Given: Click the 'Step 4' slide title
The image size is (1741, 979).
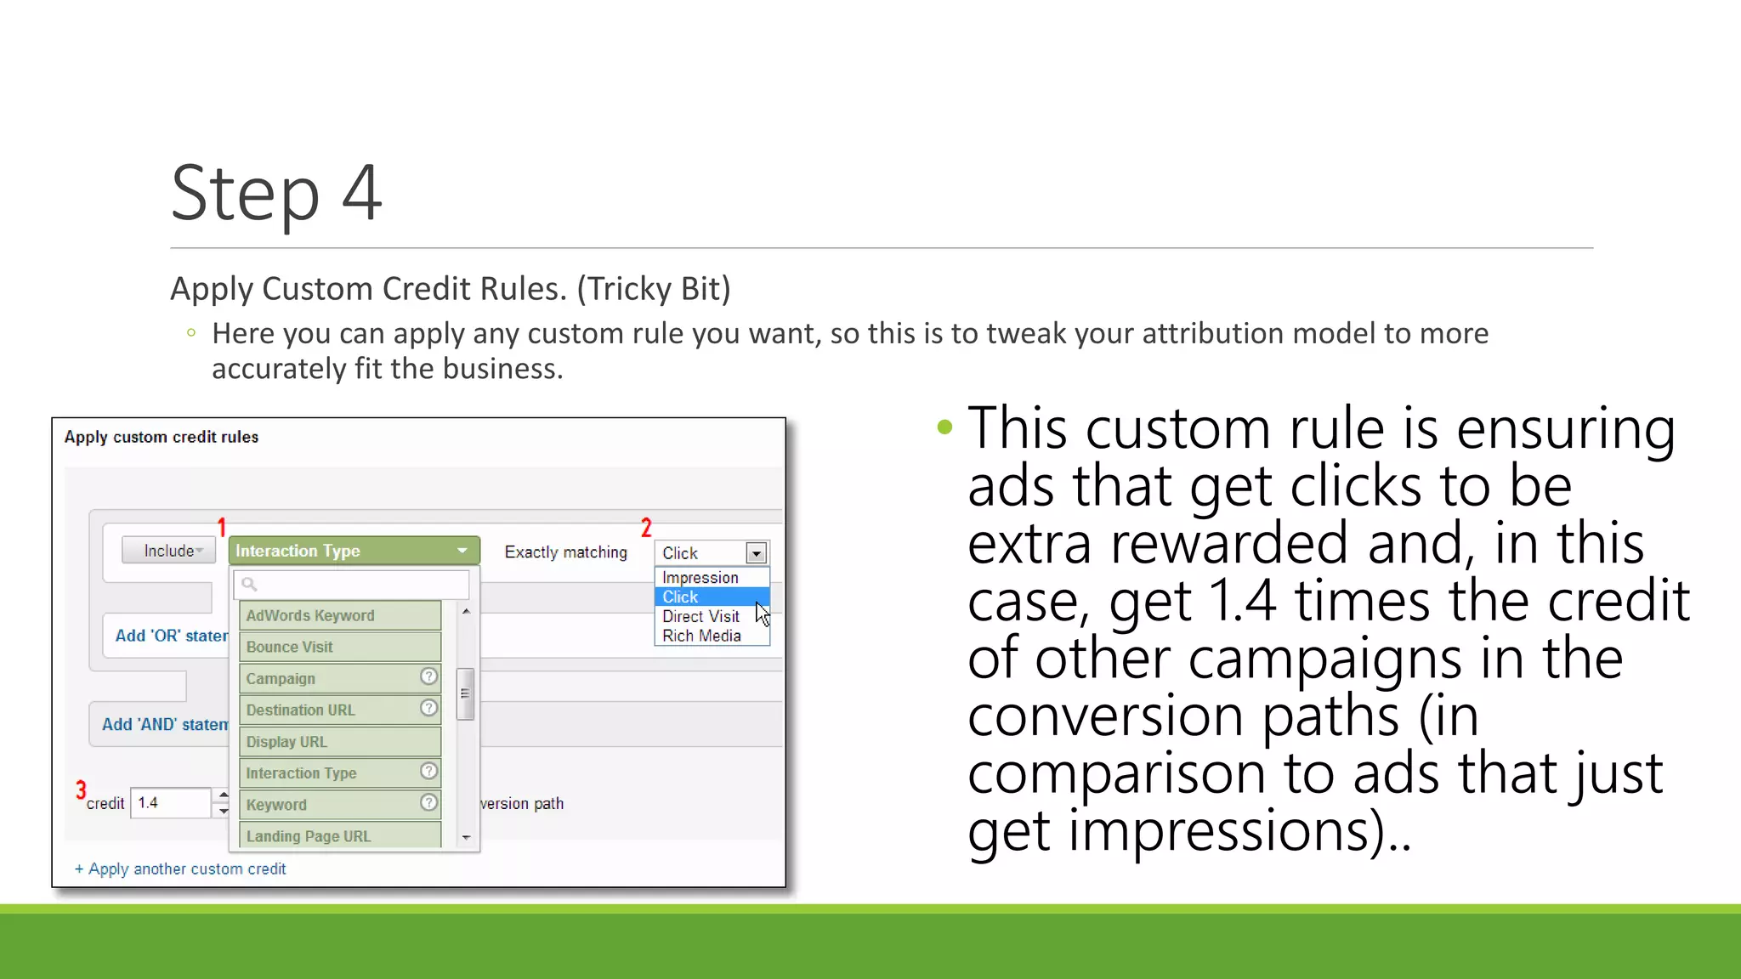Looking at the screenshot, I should [276, 194].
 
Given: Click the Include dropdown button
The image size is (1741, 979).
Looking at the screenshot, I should [169, 551].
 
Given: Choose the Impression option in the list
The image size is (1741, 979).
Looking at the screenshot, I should [700, 578].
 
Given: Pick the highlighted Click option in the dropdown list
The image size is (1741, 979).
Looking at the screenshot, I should [681, 597].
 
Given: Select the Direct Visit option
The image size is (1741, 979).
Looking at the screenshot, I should [700, 617].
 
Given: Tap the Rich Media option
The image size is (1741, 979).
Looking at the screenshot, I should [701, 637].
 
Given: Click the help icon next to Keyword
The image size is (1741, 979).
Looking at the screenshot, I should [429, 802].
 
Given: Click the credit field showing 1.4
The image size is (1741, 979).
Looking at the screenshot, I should [170, 803].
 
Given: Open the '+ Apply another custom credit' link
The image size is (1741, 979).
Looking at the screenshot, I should [180, 869].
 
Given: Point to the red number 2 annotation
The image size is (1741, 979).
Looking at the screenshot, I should [646, 528].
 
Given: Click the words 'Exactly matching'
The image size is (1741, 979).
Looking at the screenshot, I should [565, 552].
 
